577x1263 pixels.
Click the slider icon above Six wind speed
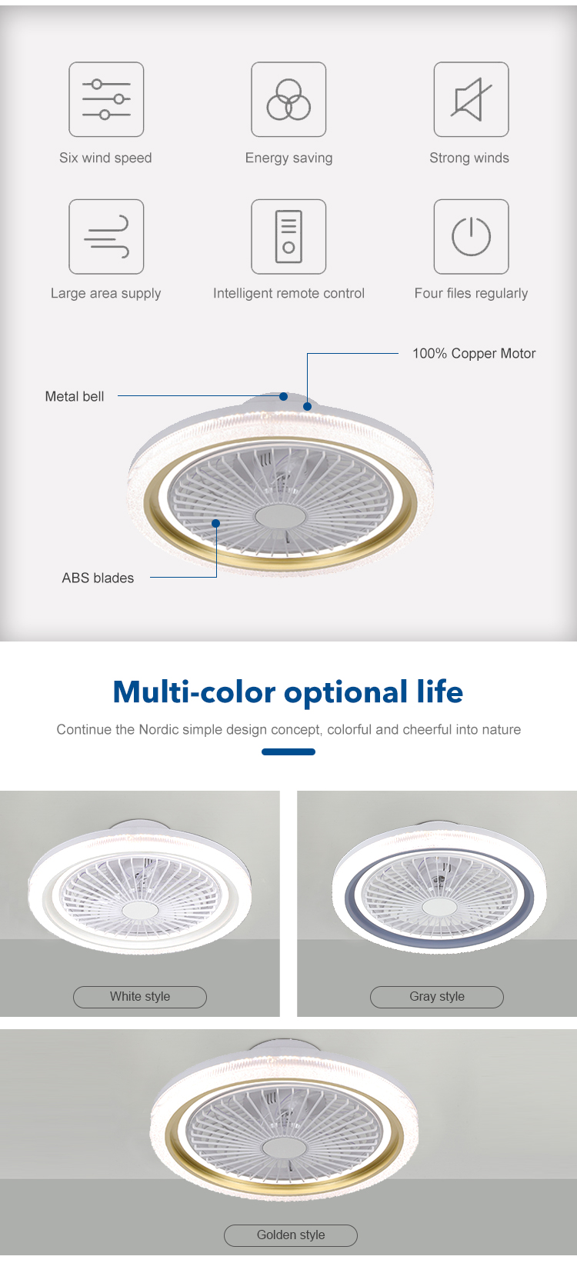pyautogui.click(x=106, y=99)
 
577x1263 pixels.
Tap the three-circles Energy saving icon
pyautogui.click(x=288, y=99)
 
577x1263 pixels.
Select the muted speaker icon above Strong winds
pyautogui.click(x=471, y=99)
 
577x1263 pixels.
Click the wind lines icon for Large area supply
pyautogui.click(x=106, y=236)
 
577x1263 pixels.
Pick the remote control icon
pyautogui.click(x=288, y=236)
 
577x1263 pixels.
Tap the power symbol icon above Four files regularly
pyautogui.click(x=471, y=236)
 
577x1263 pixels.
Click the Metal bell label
pyautogui.click(x=75, y=396)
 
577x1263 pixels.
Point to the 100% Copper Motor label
pyautogui.click(x=474, y=354)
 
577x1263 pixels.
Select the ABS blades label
pyautogui.click(x=98, y=578)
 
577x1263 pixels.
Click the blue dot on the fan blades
pyautogui.click(x=215, y=523)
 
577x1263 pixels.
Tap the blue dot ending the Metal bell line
pyautogui.click(x=284, y=396)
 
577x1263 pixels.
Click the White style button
pyautogui.click(x=140, y=996)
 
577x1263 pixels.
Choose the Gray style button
pyautogui.click(x=436, y=996)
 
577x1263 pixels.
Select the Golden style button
pyautogui.click(x=291, y=1235)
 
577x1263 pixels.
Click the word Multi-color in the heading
pyautogui.click(x=194, y=691)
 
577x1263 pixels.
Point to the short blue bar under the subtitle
pyautogui.click(x=288, y=751)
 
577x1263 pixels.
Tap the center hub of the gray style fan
pyautogui.click(x=439, y=907)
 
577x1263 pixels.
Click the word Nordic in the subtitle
pyautogui.click(x=158, y=729)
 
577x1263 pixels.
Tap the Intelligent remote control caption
pyautogui.click(x=288, y=293)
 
